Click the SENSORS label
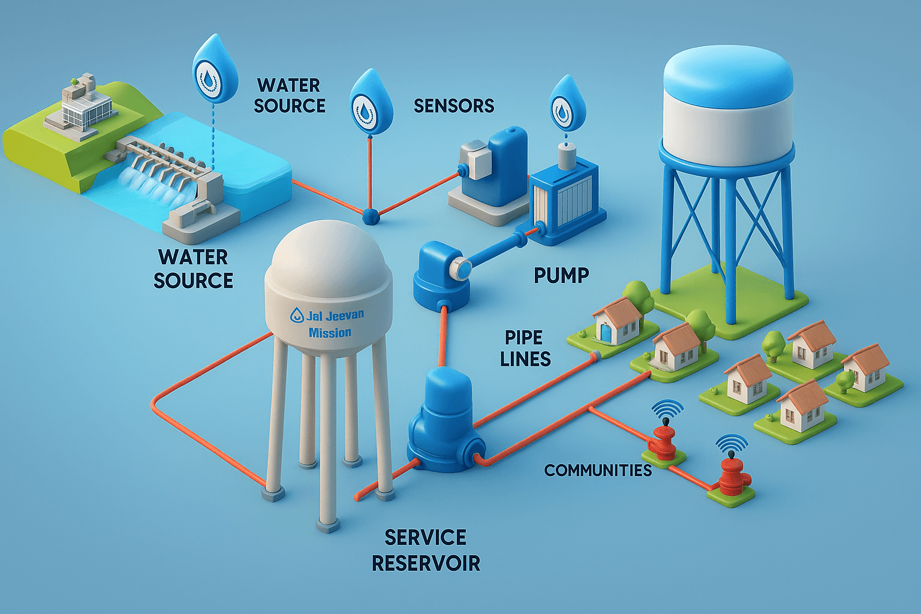(454, 106)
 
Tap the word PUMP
(561, 275)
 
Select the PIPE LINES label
(526, 348)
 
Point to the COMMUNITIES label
(598, 471)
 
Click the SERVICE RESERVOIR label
(426, 550)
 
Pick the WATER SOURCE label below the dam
(193, 269)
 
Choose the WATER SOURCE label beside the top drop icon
(290, 95)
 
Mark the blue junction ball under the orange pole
(371, 215)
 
